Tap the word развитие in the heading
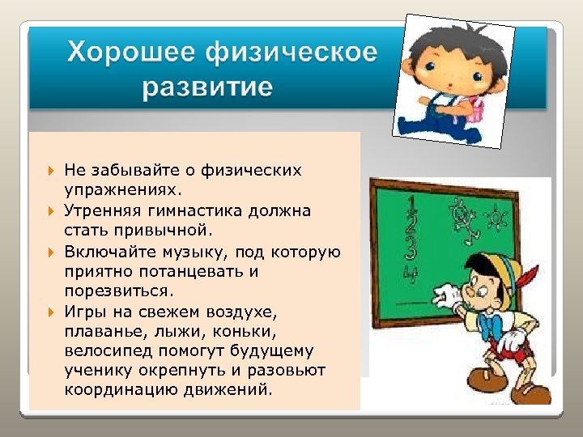(208, 87)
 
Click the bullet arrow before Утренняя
(50, 211)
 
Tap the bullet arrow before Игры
(50, 312)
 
